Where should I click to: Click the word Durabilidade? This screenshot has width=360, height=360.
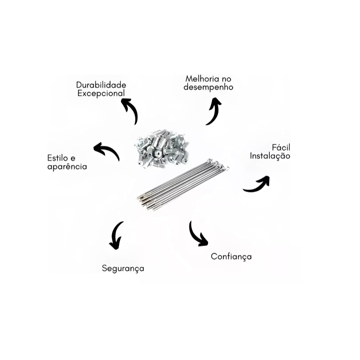101,85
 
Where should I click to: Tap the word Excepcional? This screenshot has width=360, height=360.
101,93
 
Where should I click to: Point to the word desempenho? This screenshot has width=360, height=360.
209,88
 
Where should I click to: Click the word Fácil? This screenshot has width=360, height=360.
281,147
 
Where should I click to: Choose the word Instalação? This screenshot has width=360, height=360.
270,156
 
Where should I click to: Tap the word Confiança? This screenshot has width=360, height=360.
231,256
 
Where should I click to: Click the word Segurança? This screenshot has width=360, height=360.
123,269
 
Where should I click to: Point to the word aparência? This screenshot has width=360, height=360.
67,167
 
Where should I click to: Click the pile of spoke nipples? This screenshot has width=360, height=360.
162,149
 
